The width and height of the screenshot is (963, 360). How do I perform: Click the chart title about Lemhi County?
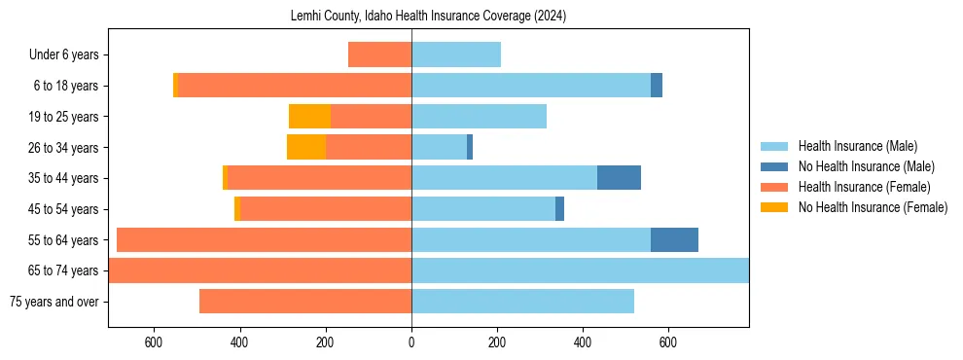(x=428, y=17)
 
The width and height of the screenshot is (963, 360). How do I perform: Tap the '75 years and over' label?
(x=53, y=302)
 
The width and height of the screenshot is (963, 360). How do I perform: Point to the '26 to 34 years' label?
(x=64, y=148)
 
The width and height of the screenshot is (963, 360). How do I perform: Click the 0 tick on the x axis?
(x=411, y=342)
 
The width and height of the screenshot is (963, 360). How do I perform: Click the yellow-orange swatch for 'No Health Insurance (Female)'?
(x=775, y=207)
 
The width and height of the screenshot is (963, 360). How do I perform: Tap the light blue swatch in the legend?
(x=775, y=146)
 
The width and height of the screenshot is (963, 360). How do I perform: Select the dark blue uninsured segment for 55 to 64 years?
(x=674, y=239)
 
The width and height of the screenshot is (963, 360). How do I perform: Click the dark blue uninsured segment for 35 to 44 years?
(x=619, y=178)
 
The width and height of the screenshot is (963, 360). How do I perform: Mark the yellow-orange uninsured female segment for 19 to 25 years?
(x=309, y=117)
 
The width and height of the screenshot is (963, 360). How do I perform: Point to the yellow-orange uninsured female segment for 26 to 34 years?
(x=305, y=147)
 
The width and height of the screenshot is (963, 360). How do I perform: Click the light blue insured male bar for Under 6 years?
(x=456, y=54)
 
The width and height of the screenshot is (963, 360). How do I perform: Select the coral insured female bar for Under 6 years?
(x=379, y=54)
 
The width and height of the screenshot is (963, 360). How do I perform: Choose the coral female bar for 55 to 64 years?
(x=264, y=239)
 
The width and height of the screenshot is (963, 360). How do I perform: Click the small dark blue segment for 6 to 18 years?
(x=657, y=86)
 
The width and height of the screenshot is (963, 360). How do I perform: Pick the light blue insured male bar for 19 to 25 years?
(x=479, y=117)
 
